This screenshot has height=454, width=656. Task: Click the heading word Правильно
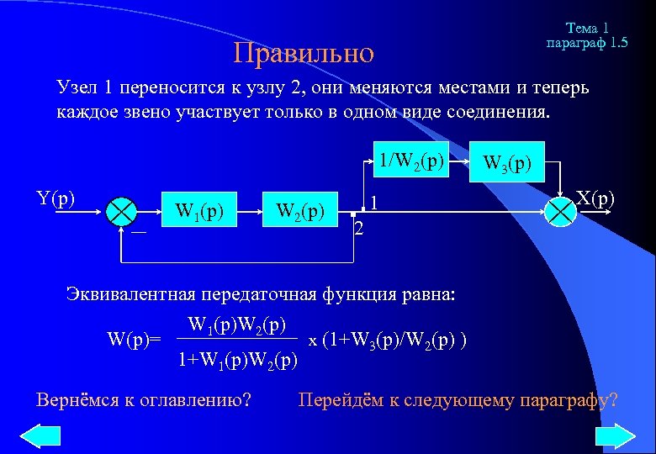(304, 53)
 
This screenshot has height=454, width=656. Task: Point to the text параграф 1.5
(586, 42)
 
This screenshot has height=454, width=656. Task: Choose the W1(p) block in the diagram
(198, 209)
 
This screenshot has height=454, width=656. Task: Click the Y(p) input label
(56, 198)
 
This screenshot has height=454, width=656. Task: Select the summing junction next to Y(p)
(124, 209)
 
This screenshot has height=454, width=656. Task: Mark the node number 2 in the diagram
(358, 230)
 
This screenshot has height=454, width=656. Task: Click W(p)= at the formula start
(135, 340)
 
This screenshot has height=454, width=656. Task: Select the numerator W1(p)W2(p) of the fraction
(238, 324)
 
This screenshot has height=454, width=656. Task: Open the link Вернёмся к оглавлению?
(144, 399)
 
